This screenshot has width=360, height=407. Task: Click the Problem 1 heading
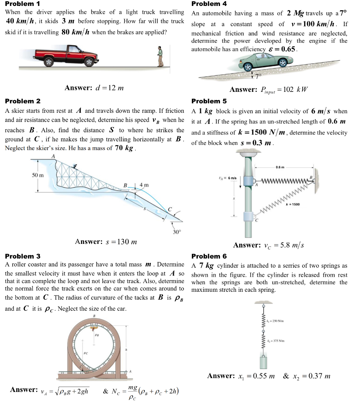[23, 4]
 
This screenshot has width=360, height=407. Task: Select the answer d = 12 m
[94, 88]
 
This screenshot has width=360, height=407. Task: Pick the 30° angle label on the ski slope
[176, 232]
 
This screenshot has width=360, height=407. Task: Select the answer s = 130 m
[106, 242]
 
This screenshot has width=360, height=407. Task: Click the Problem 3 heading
[23, 256]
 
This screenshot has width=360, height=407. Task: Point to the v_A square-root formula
[65, 392]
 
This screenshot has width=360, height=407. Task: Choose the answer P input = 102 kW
[269, 89]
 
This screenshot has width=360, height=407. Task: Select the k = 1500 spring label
[293, 204]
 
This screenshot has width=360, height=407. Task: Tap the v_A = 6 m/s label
[227, 178]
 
